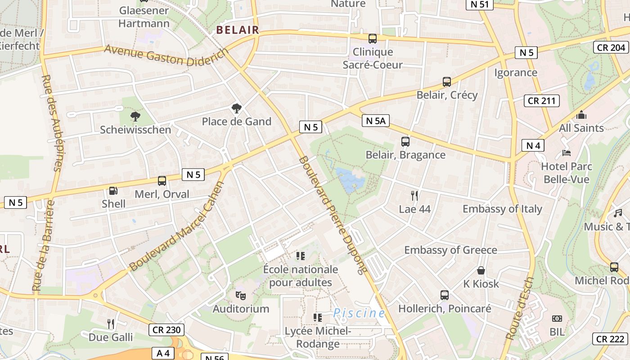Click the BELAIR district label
tap(238, 30)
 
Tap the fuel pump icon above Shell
tap(113, 191)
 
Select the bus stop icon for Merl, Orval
tap(162, 181)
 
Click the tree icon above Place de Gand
tap(236, 108)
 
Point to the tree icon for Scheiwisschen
tap(135, 117)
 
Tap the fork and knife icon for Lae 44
tap(414, 195)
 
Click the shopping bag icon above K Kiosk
tap(481, 270)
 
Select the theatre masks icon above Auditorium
tap(241, 296)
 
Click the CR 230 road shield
tap(166, 330)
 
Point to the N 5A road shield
tap(375, 121)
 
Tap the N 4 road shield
tap(533, 145)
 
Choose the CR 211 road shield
tap(542, 101)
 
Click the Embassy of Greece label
tap(450, 250)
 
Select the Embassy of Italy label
tap(502, 209)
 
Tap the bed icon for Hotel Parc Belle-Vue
tap(567, 153)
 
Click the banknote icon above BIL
tap(557, 319)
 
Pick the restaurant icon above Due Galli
tap(111, 324)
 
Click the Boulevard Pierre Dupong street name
tap(333, 215)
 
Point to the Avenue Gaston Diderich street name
tap(166, 57)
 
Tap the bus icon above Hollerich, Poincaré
tap(445, 295)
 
